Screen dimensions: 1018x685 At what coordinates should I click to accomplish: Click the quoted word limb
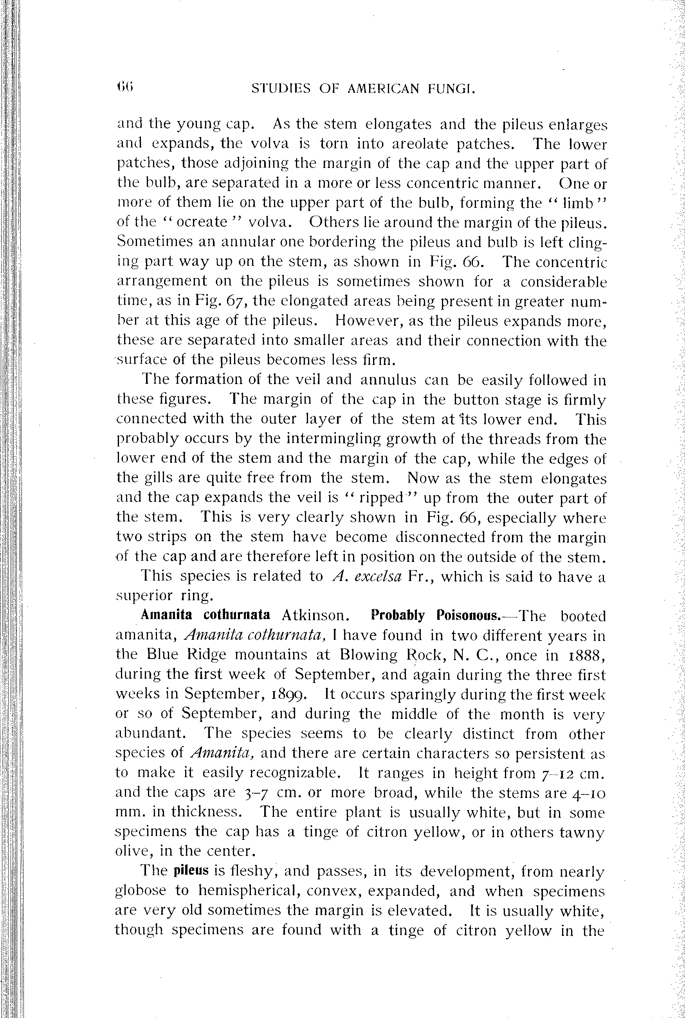[x=578, y=203]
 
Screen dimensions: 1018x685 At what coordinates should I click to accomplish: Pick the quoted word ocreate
[x=202, y=222]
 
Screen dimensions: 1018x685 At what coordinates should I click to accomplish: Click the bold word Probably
[x=398, y=615]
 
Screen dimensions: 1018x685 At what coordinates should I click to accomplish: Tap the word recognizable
[x=295, y=773]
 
